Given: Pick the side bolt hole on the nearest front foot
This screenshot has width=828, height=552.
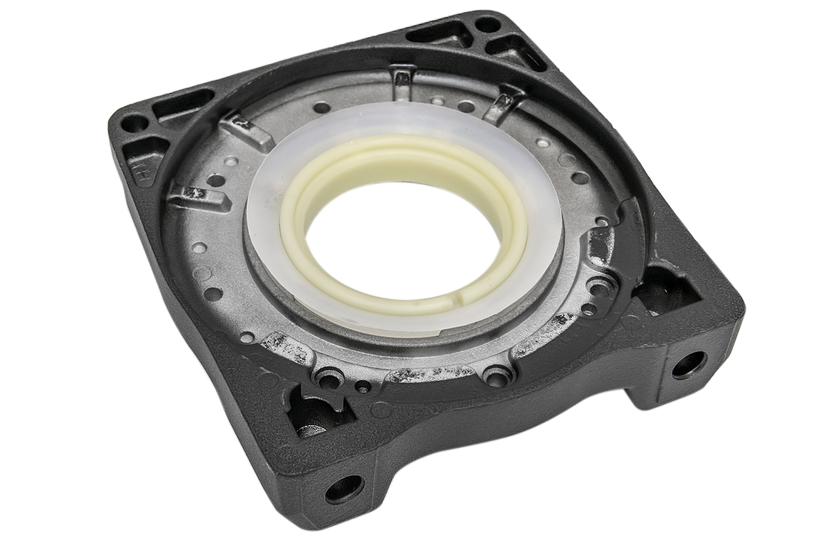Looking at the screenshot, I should tap(343, 489).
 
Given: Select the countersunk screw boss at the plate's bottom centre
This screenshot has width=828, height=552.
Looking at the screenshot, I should tap(497, 376).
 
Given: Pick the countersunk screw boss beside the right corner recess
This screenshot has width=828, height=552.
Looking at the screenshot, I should tap(599, 285).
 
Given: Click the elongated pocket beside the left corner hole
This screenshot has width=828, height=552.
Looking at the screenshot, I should tap(181, 104).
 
